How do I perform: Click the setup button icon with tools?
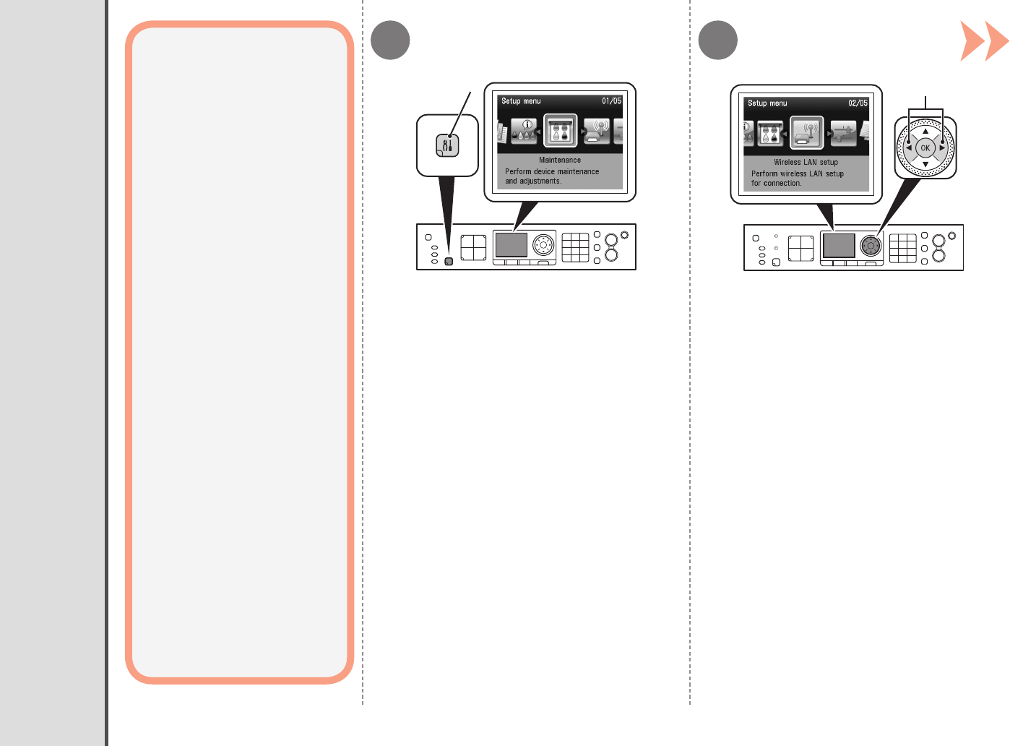point(448,146)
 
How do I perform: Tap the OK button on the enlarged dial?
point(925,147)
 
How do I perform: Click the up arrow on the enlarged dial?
point(925,132)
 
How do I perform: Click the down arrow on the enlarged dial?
point(925,164)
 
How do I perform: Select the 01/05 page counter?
point(611,101)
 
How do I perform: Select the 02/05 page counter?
point(858,103)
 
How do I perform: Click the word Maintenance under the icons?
point(560,160)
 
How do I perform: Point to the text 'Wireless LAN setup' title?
point(806,163)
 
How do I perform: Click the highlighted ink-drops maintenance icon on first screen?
point(560,131)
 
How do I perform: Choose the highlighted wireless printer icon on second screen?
point(807,133)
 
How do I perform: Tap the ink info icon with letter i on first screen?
point(525,131)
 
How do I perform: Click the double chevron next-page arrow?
point(984,41)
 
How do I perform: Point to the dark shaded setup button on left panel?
point(449,261)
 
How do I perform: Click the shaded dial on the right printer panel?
point(871,246)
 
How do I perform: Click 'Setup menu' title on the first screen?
point(521,101)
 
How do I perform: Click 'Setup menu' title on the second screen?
point(767,103)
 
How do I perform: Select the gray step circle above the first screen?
point(390,40)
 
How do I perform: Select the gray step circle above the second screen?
point(718,40)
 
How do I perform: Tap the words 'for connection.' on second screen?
point(776,184)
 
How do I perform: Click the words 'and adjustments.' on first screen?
point(533,181)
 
